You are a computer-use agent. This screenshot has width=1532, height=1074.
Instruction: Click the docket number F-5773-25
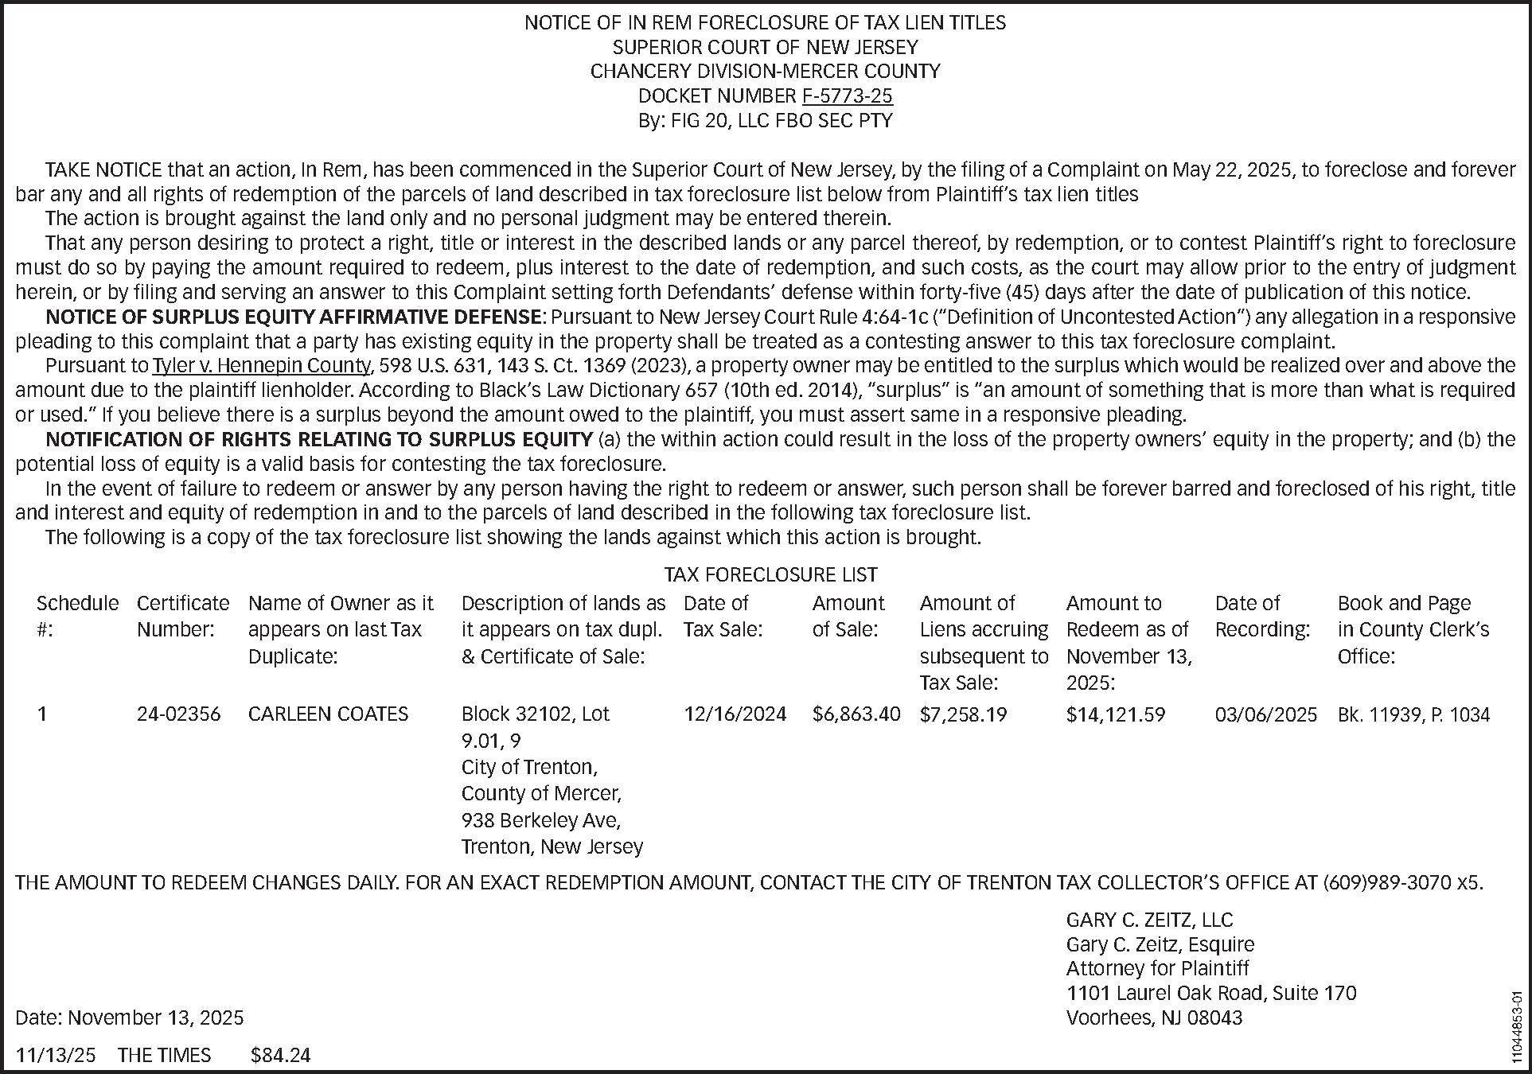click(847, 96)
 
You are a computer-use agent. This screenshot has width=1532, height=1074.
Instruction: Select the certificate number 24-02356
click(178, 714)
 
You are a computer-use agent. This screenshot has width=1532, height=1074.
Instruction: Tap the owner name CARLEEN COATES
click(328, 714)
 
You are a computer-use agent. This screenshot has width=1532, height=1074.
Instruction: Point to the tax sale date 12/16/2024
click(735, 714)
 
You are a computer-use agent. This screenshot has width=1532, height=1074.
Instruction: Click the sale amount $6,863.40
click(856, 714)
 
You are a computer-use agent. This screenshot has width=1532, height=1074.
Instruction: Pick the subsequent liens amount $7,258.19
click(963, 714)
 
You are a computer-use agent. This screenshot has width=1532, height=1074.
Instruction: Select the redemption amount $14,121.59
click(1115, 714)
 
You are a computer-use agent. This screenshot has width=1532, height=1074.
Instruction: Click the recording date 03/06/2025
click(1265, 714)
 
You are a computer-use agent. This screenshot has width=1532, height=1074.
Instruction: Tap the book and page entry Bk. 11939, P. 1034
click(1413, 714)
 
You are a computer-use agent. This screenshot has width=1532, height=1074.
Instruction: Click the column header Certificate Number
click(183, 617)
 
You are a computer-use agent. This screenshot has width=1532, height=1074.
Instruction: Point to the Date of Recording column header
click(1261, 617)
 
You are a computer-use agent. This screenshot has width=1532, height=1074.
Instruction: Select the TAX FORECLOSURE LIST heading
click(770, 574)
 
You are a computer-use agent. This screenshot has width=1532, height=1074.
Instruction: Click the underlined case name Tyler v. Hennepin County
click(262, 366)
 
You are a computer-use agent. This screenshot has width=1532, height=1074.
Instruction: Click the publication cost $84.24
click(280, 1056)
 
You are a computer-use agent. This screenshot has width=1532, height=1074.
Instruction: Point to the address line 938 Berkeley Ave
click(541, 820)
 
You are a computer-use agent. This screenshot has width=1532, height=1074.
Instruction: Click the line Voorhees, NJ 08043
click(1154, 1018)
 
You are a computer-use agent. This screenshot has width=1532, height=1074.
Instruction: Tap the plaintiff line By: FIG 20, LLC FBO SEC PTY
click(765, 121)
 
